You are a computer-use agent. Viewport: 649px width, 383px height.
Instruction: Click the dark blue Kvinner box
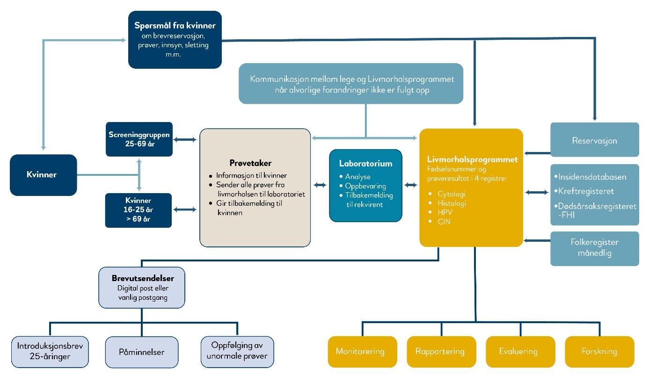pos(44,175)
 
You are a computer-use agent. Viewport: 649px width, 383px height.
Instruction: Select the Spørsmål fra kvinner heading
pos(175,25)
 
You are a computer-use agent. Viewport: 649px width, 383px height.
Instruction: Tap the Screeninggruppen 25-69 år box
pos(139,139)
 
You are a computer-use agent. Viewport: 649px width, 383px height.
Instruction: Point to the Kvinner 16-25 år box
pos(139,210)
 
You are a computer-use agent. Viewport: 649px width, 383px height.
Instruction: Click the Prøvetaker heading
pos(250,163)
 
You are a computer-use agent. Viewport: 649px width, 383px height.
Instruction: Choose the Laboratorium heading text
pos(365,164)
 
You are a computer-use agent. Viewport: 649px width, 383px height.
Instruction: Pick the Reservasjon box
pos(595,139)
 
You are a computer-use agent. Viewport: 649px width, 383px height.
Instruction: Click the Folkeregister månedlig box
pos(595,248)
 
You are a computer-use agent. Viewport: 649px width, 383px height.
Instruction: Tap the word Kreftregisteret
pos(586,191)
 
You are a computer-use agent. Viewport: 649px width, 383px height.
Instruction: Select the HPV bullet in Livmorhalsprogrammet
pos(445,212)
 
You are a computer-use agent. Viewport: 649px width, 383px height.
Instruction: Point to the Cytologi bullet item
pos(451,194)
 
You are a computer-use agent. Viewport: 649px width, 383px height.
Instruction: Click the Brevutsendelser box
pos(142,288)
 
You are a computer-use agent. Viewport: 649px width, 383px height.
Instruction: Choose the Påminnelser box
pos(142,352)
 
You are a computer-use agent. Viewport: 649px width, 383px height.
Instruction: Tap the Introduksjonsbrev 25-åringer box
pos(50,352)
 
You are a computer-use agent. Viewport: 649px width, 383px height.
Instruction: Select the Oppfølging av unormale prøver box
pos(237,352)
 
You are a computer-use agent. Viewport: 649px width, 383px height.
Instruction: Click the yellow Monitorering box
pos(363,352)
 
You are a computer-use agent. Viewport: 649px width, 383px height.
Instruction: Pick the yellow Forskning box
pos(599,352)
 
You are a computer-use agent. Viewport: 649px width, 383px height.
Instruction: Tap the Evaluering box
pos(520,352)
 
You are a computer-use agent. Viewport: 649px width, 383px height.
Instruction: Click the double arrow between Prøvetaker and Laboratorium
pos(320,185)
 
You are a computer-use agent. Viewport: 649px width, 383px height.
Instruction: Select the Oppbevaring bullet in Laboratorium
pos(365,186)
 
